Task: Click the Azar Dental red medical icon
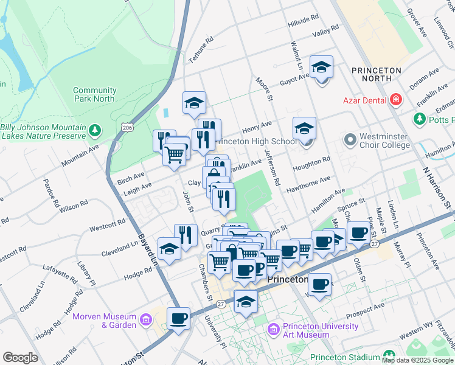(x=396, y=99)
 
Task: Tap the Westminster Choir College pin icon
(x=350, y=141)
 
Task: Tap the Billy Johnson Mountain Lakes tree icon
(x=94, y=130)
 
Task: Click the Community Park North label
(x=94, y=94)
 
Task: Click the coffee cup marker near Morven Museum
(x=179, y=318)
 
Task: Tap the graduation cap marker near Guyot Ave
(x=321, y=66)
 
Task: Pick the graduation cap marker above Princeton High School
(x=304, y=128)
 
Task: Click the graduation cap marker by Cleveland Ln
(x=168, y=248)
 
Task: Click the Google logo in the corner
(x=20, y=358)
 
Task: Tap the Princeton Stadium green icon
(x=388, y=356)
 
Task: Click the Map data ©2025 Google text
(x=417, y=360)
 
